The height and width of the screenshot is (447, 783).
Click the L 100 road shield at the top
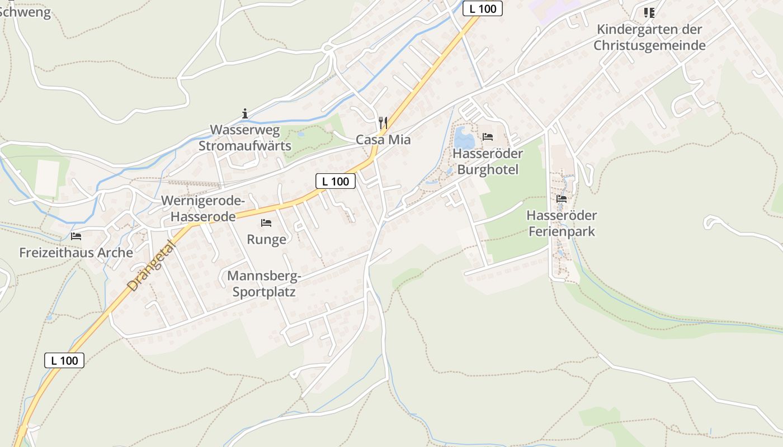tap(483, 8)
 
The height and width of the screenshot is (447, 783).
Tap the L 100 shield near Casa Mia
tap(336, 181)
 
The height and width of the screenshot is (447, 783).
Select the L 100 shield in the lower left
tap(64, 360)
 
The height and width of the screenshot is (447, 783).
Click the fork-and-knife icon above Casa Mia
tap(383, 122)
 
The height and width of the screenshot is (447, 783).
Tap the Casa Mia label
tap(383, 140)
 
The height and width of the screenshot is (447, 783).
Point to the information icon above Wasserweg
tap(245, 113)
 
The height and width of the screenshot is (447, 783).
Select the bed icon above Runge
tap(266, 223)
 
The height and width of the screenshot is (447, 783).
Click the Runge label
tap(267, 240)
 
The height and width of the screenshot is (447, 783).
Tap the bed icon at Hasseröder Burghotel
tap(488, 136)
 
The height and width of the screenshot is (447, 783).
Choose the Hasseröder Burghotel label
tap(488, 161)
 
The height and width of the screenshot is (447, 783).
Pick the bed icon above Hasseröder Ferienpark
tap(562, 198)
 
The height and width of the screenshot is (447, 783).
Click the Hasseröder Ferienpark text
tap(562, 223)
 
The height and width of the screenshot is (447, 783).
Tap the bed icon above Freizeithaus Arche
tap(76, 236)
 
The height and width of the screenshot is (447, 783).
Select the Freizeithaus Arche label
tap(76, 253)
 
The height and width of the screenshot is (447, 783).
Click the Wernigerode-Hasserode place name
tap(203, 208)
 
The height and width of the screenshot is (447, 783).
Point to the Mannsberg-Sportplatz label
tap(264, 284)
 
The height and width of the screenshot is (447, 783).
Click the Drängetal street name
tap(151, 263)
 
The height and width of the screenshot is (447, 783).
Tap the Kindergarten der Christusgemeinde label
tap(649, 37)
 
